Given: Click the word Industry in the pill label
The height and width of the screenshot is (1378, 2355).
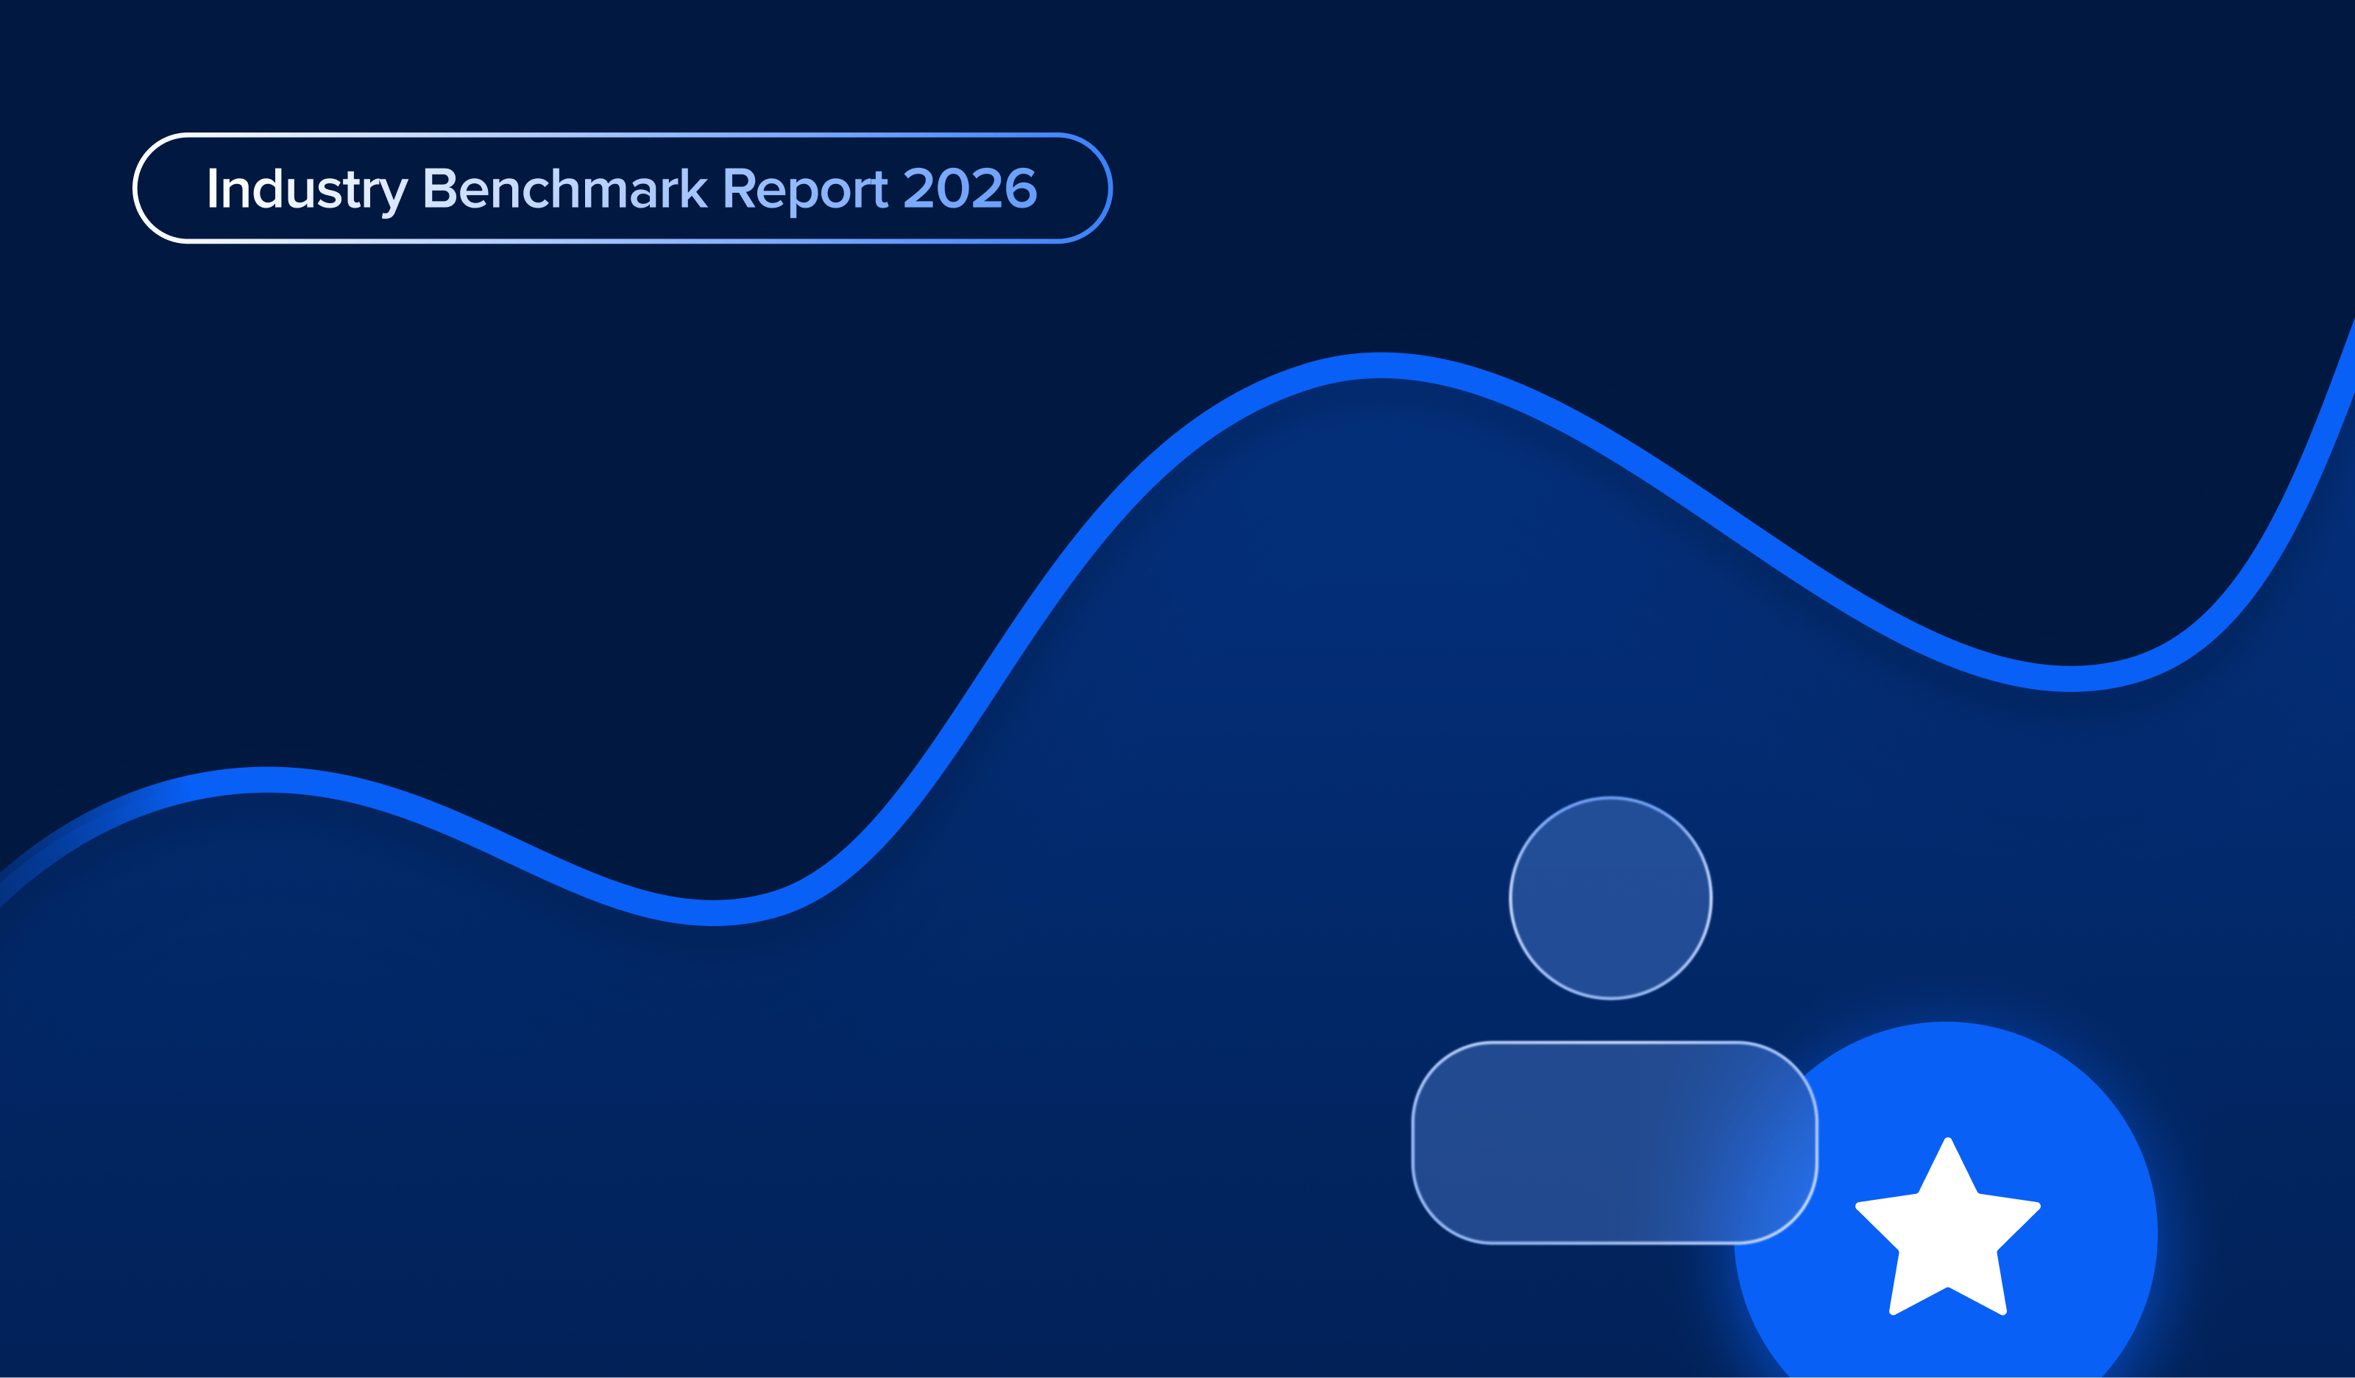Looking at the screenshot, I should pos(307,190).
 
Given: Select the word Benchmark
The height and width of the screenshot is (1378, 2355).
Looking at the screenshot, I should pos(564,189).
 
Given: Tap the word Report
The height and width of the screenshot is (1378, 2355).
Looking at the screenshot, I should pos(804,190).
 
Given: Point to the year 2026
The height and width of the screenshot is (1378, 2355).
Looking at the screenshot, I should pos(970,189).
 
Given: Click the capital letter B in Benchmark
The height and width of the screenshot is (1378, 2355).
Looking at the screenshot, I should pos(439,189).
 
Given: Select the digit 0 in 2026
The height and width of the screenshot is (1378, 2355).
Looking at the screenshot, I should pos(953,189).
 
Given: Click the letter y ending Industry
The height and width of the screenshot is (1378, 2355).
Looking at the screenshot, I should pos(394,194).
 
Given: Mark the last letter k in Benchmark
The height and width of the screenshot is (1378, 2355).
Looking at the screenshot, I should pos(693,189).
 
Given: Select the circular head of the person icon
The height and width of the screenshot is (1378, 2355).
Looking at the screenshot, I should pos(1610,898).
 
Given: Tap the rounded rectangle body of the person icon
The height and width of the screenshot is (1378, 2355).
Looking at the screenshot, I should pos(1614,1142).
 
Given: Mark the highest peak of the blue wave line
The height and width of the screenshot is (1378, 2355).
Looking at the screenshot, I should pos(1381,366).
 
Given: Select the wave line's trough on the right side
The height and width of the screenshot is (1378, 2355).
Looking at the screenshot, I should pos(2071,679).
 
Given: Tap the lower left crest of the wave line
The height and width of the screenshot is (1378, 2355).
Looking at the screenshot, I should pos(266,780).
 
